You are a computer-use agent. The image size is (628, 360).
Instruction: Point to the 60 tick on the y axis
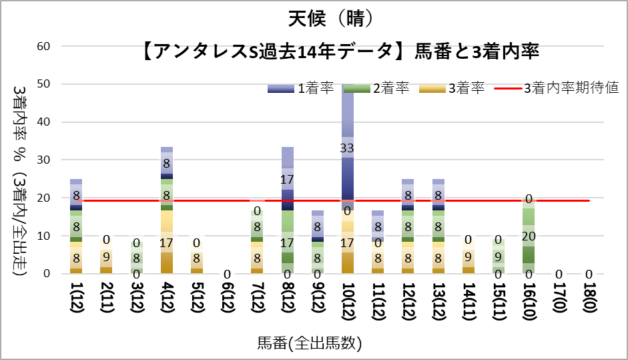point(44,46)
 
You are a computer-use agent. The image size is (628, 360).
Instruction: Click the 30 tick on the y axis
point(44,160)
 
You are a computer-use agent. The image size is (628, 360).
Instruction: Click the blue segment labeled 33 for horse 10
point(348,148)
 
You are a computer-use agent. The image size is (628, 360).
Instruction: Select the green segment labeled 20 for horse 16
point(529,235)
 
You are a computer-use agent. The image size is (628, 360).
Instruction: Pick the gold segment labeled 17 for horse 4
point(167,242)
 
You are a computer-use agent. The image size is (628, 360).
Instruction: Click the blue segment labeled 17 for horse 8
point(288,179)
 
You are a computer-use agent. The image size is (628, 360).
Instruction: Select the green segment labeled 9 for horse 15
point(499,256)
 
